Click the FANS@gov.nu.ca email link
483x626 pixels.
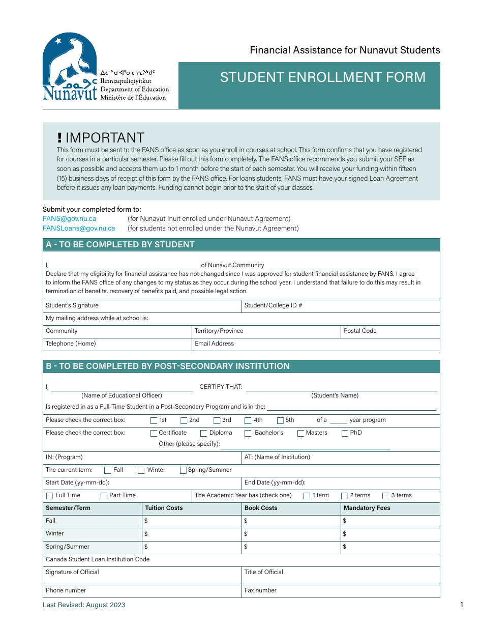pos(69,218)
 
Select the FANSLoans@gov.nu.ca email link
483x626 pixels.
pos(79,229)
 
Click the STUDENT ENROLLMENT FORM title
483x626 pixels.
pos(323,77)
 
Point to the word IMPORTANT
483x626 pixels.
pos(105,138)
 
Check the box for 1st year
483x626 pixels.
pos(154,420)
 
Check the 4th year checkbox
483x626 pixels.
pos(248,420)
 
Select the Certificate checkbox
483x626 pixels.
pos(154,433)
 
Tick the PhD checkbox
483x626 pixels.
pos(345,433)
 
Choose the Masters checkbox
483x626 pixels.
pos(301,433)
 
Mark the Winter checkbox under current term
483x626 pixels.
pos(141,470)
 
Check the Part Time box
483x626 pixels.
pos(104,496)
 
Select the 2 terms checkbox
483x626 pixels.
pos(345,496)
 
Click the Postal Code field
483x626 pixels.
pos(390,331)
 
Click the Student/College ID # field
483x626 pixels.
pos(340,306)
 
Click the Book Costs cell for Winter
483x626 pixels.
pos(291,534)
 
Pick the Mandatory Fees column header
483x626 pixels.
pos(367,508)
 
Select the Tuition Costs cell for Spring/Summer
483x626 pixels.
pos(192,547)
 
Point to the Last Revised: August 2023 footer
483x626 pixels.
pos(84,605)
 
